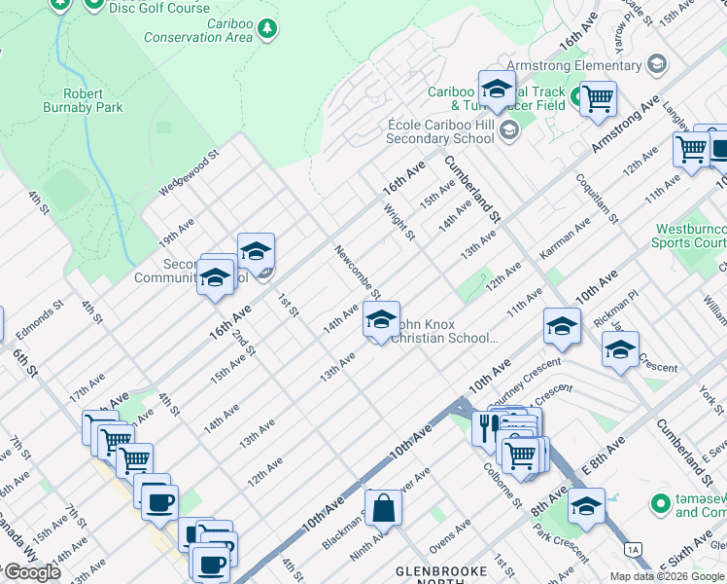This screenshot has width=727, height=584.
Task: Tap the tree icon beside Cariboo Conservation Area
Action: (x=267, y=31)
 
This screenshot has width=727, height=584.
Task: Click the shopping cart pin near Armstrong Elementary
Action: (x=598, y=97)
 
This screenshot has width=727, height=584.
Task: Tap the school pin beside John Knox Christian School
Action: (x=381, y=319)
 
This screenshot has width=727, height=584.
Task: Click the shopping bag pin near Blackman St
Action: (x=384, y=507)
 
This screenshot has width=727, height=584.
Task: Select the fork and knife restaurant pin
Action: (x=486, y=426)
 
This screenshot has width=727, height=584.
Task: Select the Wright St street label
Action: (x=399, y=222)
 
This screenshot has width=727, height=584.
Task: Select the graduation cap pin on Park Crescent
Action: (x=586, y=505)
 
